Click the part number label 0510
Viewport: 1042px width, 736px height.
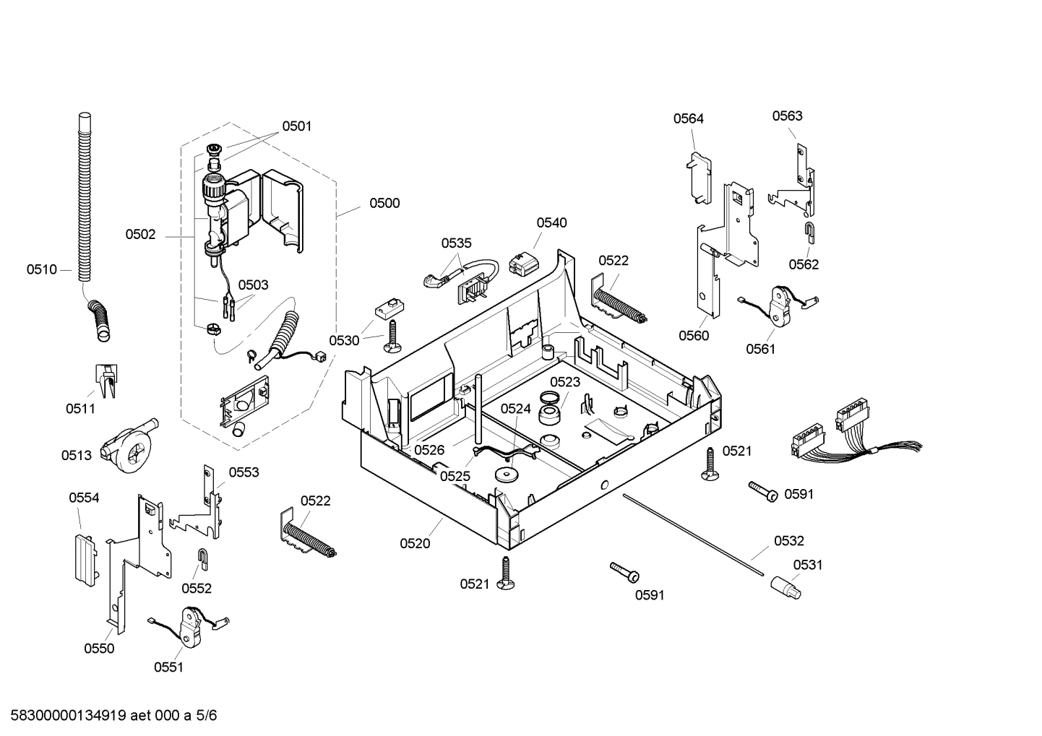pos(41,269)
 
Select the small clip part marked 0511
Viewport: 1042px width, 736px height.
pos(106,380)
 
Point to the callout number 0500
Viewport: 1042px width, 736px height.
pos(384,203)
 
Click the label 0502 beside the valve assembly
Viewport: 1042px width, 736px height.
pos(140,234)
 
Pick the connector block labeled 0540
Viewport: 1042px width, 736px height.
pos(525,262)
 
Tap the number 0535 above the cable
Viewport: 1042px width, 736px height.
pos(456,243)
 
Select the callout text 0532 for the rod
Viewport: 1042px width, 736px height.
pos(788,541)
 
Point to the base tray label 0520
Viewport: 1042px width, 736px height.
pos(415,544)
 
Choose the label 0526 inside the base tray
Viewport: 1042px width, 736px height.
pos(429,450)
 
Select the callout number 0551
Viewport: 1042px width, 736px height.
pos(168,667)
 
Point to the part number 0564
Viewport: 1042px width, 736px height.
pos(688,118)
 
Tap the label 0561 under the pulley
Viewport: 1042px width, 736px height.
pos(760,350)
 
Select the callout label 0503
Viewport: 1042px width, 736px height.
pos(253,285)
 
